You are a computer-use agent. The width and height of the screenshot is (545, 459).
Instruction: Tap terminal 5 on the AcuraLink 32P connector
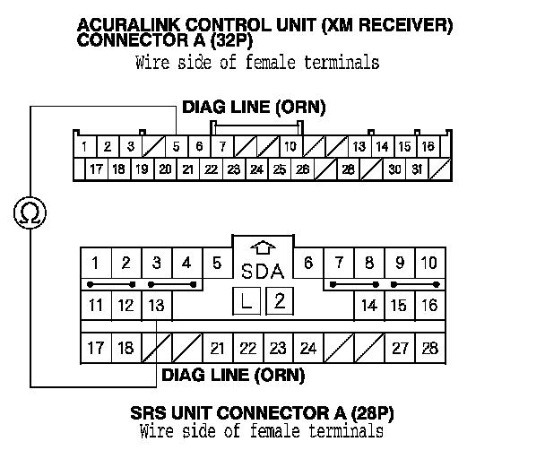176,146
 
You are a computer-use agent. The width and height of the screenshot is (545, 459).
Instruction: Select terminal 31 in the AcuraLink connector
417,169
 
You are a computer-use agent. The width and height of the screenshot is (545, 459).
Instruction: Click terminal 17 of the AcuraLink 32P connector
96,169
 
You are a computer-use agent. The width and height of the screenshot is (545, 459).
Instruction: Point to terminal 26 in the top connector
302,169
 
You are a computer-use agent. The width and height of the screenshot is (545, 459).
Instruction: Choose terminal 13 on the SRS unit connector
156,306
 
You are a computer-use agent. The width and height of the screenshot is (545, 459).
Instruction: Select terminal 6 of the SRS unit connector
307,263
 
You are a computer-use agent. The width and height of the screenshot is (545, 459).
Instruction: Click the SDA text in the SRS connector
263,271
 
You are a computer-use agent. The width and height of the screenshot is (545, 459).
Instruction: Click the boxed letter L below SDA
246,301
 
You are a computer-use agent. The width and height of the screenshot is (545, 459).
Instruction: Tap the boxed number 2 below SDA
279,300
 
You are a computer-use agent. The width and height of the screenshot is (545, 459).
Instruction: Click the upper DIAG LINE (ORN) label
254,108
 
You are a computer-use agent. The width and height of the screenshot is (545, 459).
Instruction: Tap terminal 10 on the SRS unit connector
429,263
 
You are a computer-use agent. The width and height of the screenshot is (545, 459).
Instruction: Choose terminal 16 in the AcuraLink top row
428,146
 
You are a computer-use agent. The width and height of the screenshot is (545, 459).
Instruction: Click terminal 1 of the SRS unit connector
96,263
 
